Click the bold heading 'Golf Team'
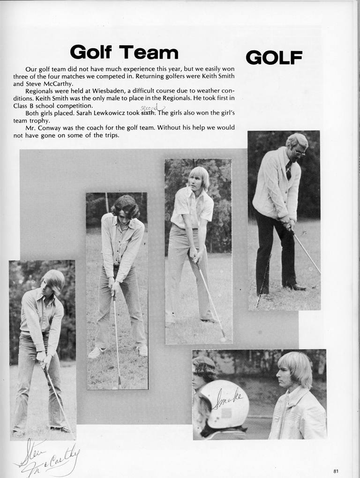(124, 52)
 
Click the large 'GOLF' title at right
(274, 58)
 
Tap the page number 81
(336, 471)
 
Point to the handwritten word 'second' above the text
(149, 108)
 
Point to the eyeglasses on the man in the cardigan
(299, 151)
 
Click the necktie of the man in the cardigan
(288, 170)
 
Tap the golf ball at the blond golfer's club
(223, 339)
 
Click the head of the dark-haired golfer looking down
(126, 207)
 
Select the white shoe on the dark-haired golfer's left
(95, 353)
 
